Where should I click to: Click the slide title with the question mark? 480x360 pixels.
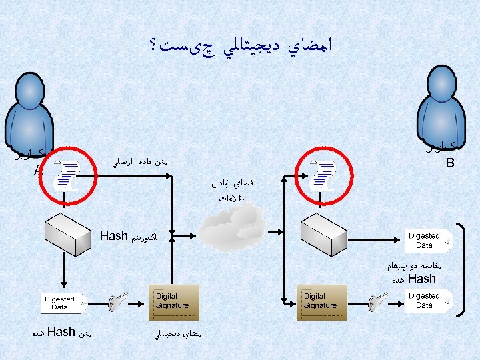coord(240,45)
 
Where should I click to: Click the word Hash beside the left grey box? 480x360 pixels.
coord(113,236)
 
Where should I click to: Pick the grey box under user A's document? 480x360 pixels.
coord(63,233)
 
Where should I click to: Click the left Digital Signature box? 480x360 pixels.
coord(173,302)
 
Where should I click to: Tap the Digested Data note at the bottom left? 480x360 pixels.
coord(61,303)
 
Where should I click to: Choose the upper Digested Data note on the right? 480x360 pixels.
coord(426,241)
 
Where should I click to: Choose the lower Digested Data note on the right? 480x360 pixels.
coord(426,301)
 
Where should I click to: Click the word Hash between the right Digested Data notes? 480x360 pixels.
coord(421,279)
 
